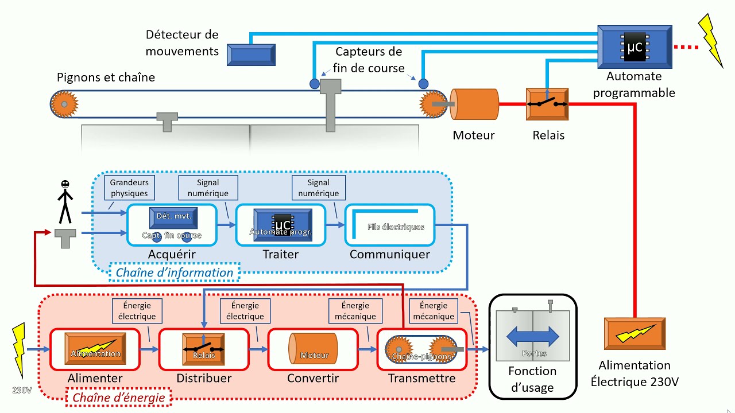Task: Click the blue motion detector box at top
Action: pos(251,55)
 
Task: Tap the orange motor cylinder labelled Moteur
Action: pos(474,104)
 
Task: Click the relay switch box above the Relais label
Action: pos(547,104)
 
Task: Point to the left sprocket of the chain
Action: pos(64,104)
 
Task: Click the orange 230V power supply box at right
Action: pos(635,334)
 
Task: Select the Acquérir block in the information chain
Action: pos(172,225)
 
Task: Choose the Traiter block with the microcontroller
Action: pos(281,225)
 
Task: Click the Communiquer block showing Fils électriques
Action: pos(389,225)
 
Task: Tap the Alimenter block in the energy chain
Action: pos(95,349)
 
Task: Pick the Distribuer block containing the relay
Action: pos(204,349)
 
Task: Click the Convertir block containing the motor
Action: pos(313,349)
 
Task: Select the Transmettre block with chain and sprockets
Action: pos(421,349)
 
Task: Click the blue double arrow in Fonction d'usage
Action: pos(532,336)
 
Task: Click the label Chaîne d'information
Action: pos(175,273)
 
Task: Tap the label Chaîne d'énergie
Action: pos(118,398)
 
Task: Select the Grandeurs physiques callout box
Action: pos(129,188)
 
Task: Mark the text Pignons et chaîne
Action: pos(106,77)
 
